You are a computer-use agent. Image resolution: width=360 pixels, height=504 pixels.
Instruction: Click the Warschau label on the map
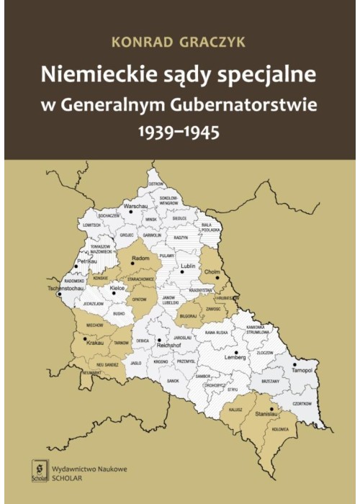click(x=136, y=206)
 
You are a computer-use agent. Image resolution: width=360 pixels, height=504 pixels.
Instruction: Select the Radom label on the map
click(x=141, y=257)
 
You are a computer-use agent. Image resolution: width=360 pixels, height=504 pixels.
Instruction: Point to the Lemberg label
click(x=235, y=356)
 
